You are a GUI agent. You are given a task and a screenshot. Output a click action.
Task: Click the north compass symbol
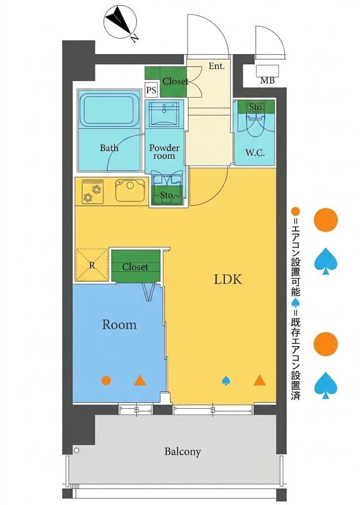tap(119, 22)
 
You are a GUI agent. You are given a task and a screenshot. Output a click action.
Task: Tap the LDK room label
tap(228, 280)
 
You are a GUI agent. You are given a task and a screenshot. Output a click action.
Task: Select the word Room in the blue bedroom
tap(119, 325)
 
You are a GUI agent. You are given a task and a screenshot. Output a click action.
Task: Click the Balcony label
tap(182, 452)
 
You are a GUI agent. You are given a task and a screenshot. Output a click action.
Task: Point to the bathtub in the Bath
tap(109, 109)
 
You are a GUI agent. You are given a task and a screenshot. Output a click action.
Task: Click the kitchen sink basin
tap(130, 190)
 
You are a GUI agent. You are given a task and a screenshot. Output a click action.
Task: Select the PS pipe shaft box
tap(151, 90)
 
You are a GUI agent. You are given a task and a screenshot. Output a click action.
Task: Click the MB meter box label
tap(267, 80)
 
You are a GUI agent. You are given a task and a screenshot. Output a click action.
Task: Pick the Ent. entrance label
tap(216, 67)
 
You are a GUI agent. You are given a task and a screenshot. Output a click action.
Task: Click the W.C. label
tap(255, 153)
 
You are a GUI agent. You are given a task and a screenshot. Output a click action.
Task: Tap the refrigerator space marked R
tap(92, 265)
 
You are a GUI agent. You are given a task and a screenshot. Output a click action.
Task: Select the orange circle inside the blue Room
tap(106, 380)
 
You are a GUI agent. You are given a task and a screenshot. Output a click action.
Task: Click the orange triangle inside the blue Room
tap(140, 381)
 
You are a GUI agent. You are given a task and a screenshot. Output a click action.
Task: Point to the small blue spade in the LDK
tap(226, 381)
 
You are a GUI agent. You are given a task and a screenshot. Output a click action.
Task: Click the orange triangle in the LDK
tap(259, 381)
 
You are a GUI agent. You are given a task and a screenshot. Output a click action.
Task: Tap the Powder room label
tap(164, 152)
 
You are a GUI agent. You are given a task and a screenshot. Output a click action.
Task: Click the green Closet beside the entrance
tap(166, 81)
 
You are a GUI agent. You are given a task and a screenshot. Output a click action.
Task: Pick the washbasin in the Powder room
tap(165, 114)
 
